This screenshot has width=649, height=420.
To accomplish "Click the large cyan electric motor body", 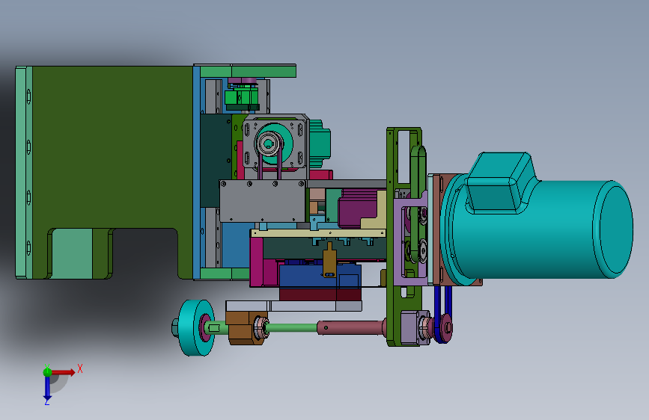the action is point(538,232).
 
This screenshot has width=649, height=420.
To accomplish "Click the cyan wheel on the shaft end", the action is point(195,327).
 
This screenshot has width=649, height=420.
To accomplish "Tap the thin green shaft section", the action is point(292,328).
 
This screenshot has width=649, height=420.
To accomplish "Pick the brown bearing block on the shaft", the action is point(242,327).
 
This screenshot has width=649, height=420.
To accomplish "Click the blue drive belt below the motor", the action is point(442,314).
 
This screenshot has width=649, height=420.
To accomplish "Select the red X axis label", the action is point(80,368).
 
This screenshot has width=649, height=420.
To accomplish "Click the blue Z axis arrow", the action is point(47,387).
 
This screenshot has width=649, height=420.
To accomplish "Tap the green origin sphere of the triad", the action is point(47,372).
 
